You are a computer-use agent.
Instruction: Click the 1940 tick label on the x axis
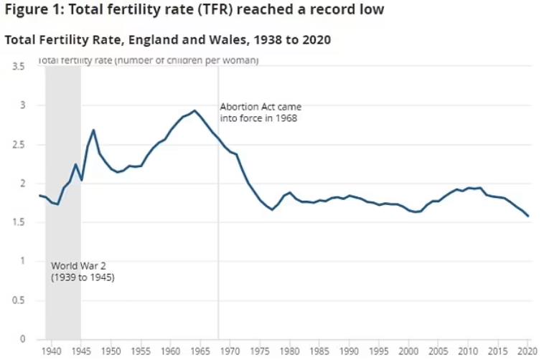(x=51, y=351)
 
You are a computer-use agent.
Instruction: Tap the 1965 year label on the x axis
(x=200, y=351)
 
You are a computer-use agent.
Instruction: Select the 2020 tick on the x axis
(x=528, y=351)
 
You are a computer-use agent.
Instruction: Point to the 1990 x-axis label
(x=350, y=351)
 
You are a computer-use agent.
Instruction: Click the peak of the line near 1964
(x=194, y=110)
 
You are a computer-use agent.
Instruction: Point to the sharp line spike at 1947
(x=93, y=130)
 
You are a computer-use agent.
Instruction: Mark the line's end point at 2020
(x=529, y=216)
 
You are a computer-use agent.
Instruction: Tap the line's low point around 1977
(x=272, y=209)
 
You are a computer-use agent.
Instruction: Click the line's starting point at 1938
(x=39, y=195)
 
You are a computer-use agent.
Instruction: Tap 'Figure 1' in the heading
(x=30, y=10)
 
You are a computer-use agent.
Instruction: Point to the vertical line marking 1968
(x=218, y=215)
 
